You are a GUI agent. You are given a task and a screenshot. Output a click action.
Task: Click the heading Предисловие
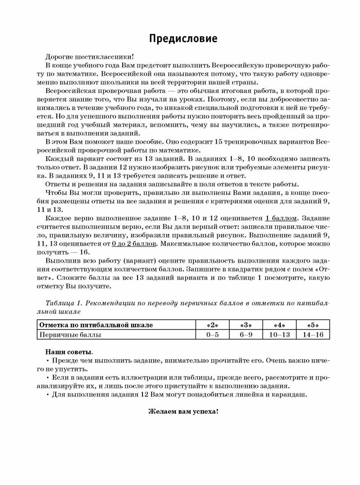(183, 39)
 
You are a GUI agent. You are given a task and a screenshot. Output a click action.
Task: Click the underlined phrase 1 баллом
(281, 218)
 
